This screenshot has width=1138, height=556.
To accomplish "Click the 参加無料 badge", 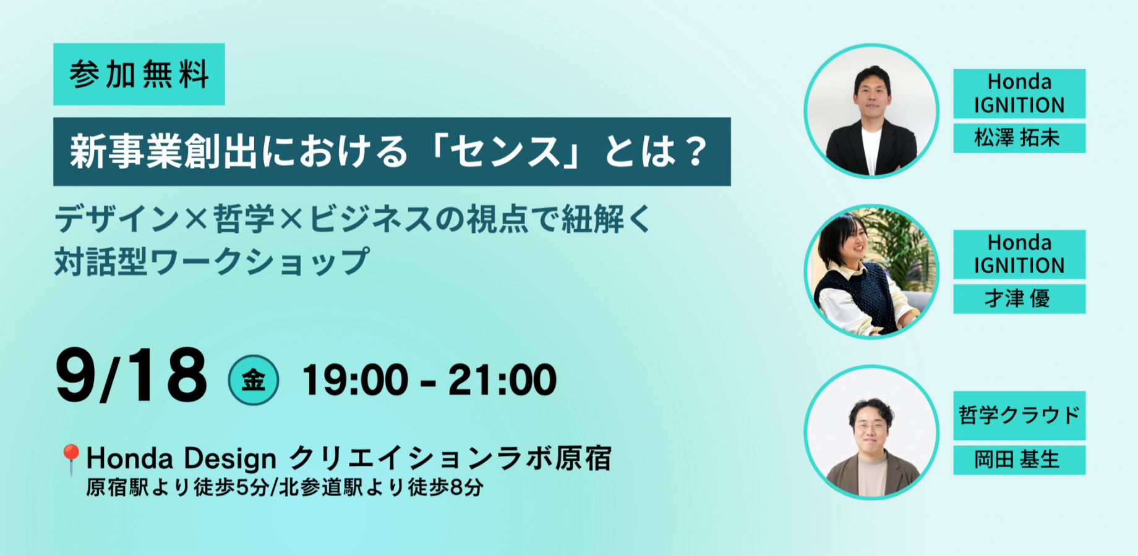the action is (x=139, y=74).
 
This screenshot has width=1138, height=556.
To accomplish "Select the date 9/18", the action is (x=131, y=375).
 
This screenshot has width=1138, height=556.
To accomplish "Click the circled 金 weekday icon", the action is (x=254, y=380).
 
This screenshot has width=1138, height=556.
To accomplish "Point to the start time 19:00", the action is (x=354, y=380).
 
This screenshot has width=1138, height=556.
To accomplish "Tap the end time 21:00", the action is (x=502, y=380).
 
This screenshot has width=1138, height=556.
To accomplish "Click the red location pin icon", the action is (x=71, y=459).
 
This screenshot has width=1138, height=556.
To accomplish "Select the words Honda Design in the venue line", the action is (x=181, y=458).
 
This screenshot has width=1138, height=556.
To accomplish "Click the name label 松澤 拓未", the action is (x=1019, y=138).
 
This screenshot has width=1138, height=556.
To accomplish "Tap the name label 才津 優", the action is (x=1019, y=299).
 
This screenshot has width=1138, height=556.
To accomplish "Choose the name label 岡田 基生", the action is (x=1019, y=460).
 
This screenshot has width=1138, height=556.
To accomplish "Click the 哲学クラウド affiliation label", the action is (x=1019, y=415).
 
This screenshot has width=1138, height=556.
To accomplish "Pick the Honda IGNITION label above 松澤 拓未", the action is (x=1019, y=93).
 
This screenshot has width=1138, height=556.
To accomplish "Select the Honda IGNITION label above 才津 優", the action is (x=1019, y=254).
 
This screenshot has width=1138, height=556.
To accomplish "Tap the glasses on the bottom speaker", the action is (x=870, y=427).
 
